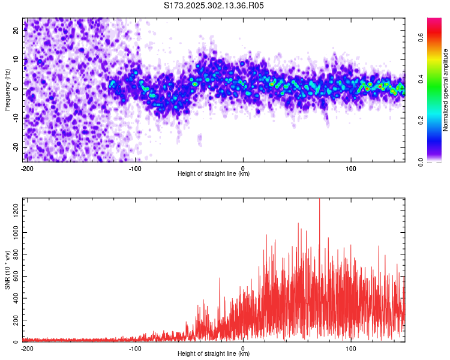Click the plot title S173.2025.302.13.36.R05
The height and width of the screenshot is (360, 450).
[214, 5]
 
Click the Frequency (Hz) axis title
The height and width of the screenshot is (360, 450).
[8, 89]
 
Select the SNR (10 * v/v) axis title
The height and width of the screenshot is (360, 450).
[8, 269]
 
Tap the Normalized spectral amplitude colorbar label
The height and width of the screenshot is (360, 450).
[446, 90]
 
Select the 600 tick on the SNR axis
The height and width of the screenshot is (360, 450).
[15, 275]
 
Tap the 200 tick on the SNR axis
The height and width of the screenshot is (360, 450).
[15, 320]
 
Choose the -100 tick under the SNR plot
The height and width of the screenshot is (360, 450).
[135, 348]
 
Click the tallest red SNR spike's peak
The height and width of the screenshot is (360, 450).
[319, 199]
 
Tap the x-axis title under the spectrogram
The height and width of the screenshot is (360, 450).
[214, 174]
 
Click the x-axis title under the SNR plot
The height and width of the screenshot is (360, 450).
[214, 354]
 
